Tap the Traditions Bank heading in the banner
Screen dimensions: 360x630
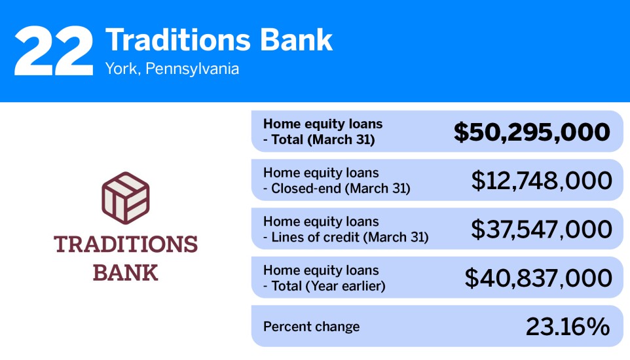(x=219, y=40)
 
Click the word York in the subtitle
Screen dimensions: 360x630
(x=120, y=69)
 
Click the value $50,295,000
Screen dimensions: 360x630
(x=532, y=132)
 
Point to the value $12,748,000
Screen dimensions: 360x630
(x=542, y=181)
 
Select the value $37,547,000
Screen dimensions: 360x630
(x=542, y=229)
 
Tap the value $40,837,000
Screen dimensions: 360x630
(x=538, y=278)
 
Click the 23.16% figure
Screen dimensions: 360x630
(x=568, y=327)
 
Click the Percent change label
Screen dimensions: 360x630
(x=311, y=327)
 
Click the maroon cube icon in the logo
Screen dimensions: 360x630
(x=125, y=197)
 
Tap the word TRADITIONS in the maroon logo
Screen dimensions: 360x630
(x=125, y=244)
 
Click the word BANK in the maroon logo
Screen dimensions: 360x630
(x=125, y=272)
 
